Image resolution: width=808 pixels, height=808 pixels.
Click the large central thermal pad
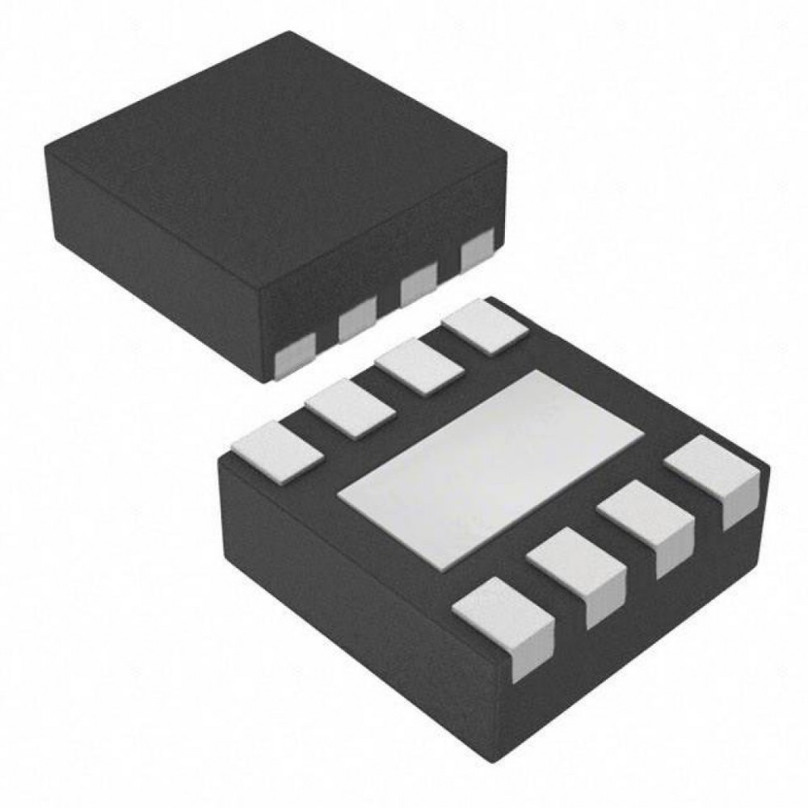(490, 468)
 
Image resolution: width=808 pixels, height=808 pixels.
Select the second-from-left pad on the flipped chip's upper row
(351, 408)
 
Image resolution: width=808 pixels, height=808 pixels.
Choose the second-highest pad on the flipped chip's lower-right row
(646, 521)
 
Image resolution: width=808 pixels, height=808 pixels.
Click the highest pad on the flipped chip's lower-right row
(713, 475)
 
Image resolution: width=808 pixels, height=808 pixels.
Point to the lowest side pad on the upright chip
(294, 357)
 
